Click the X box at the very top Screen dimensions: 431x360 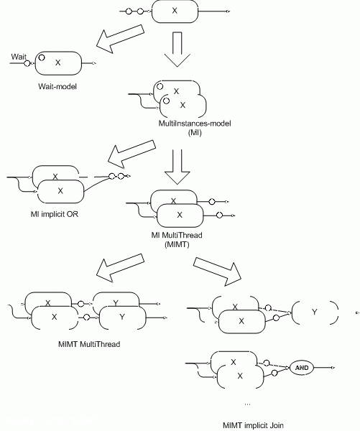[x=175, y=11]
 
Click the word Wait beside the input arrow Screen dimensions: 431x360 [x=19, y=55]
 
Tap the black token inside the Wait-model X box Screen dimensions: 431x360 [x=42, y=57]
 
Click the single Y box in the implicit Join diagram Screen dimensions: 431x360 [x=315, y=312]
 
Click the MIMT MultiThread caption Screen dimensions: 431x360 [x=88, y=344]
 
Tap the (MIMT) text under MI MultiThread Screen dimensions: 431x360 [x=175, y=246]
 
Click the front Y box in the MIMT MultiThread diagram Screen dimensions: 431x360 [x=121, y=316]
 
